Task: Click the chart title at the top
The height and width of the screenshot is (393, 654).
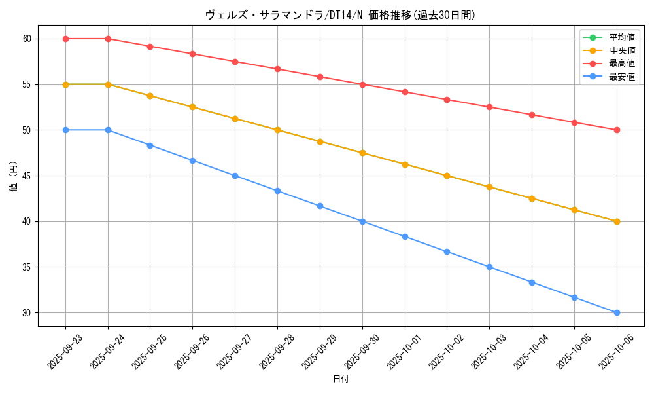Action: point(340,14)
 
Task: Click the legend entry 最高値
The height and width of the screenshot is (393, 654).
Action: point(621,64)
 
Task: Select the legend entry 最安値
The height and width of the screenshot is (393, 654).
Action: point(621,77)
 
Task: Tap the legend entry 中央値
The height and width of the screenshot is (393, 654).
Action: point(621,50)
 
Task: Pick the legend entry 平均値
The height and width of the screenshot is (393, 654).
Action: point(621,37)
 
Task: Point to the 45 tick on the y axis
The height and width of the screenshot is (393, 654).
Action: point(27,176)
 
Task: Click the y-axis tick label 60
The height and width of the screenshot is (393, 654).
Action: point(27,39)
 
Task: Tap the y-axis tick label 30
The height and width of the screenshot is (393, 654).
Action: point(27,313)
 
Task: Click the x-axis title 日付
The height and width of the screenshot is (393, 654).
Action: point(341,379)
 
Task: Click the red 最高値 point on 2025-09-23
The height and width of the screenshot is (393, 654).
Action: point(65,39)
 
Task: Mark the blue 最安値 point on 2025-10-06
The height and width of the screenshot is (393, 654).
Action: point(617,312)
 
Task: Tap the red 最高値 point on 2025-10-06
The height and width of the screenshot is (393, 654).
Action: point(617,130)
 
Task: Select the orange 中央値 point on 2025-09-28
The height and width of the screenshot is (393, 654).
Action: point(277,130)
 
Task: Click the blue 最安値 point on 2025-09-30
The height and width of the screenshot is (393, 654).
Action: point(362,221)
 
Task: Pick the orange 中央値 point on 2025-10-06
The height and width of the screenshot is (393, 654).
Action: point(617,221)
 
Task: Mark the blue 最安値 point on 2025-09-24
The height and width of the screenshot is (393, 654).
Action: point(108,130)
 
